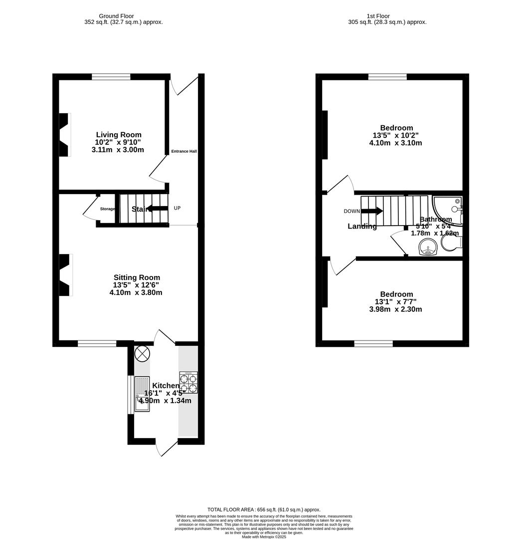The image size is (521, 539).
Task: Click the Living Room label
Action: pos(119,135)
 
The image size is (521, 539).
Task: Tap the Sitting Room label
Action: pos(137,277)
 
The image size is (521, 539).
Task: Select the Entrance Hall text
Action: pos(184,151)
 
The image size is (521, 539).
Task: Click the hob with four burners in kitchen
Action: pos(188,382)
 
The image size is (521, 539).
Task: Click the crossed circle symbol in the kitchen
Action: pos(143,353)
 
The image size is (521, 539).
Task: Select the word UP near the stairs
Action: pos(177,208)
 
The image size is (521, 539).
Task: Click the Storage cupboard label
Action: pos(107,209)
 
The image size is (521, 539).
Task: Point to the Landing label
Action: pos(362,227)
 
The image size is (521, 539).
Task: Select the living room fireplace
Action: pos(64,135)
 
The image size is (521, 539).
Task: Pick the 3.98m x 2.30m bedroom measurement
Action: pos(395,309)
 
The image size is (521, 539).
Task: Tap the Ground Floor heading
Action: pos(116,16)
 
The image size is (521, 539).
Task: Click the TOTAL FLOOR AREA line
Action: pos(264,510)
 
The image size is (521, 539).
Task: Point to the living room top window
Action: pos(111,77)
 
